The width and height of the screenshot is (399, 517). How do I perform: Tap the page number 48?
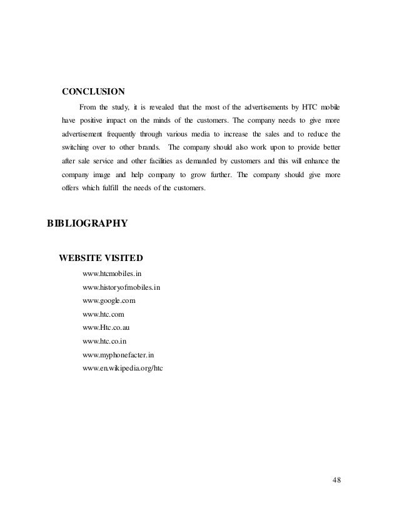coord(337,479)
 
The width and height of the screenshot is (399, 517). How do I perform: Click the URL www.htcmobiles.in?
coord(116,274)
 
